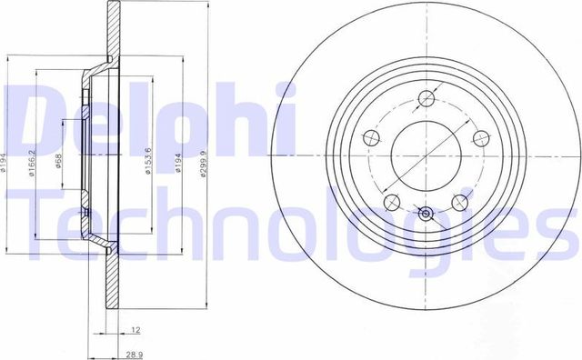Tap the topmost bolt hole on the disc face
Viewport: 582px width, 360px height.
click(426, 99)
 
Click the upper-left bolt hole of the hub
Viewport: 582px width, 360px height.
click(370, 138)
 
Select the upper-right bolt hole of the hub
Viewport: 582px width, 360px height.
click(481, 138)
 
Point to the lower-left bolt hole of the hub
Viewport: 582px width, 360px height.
click(391, 201)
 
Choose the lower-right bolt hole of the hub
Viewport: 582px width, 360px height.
click(460, 201)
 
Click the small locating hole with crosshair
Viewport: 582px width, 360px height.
click(426, 215)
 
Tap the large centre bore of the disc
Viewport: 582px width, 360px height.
click(426, 151)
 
